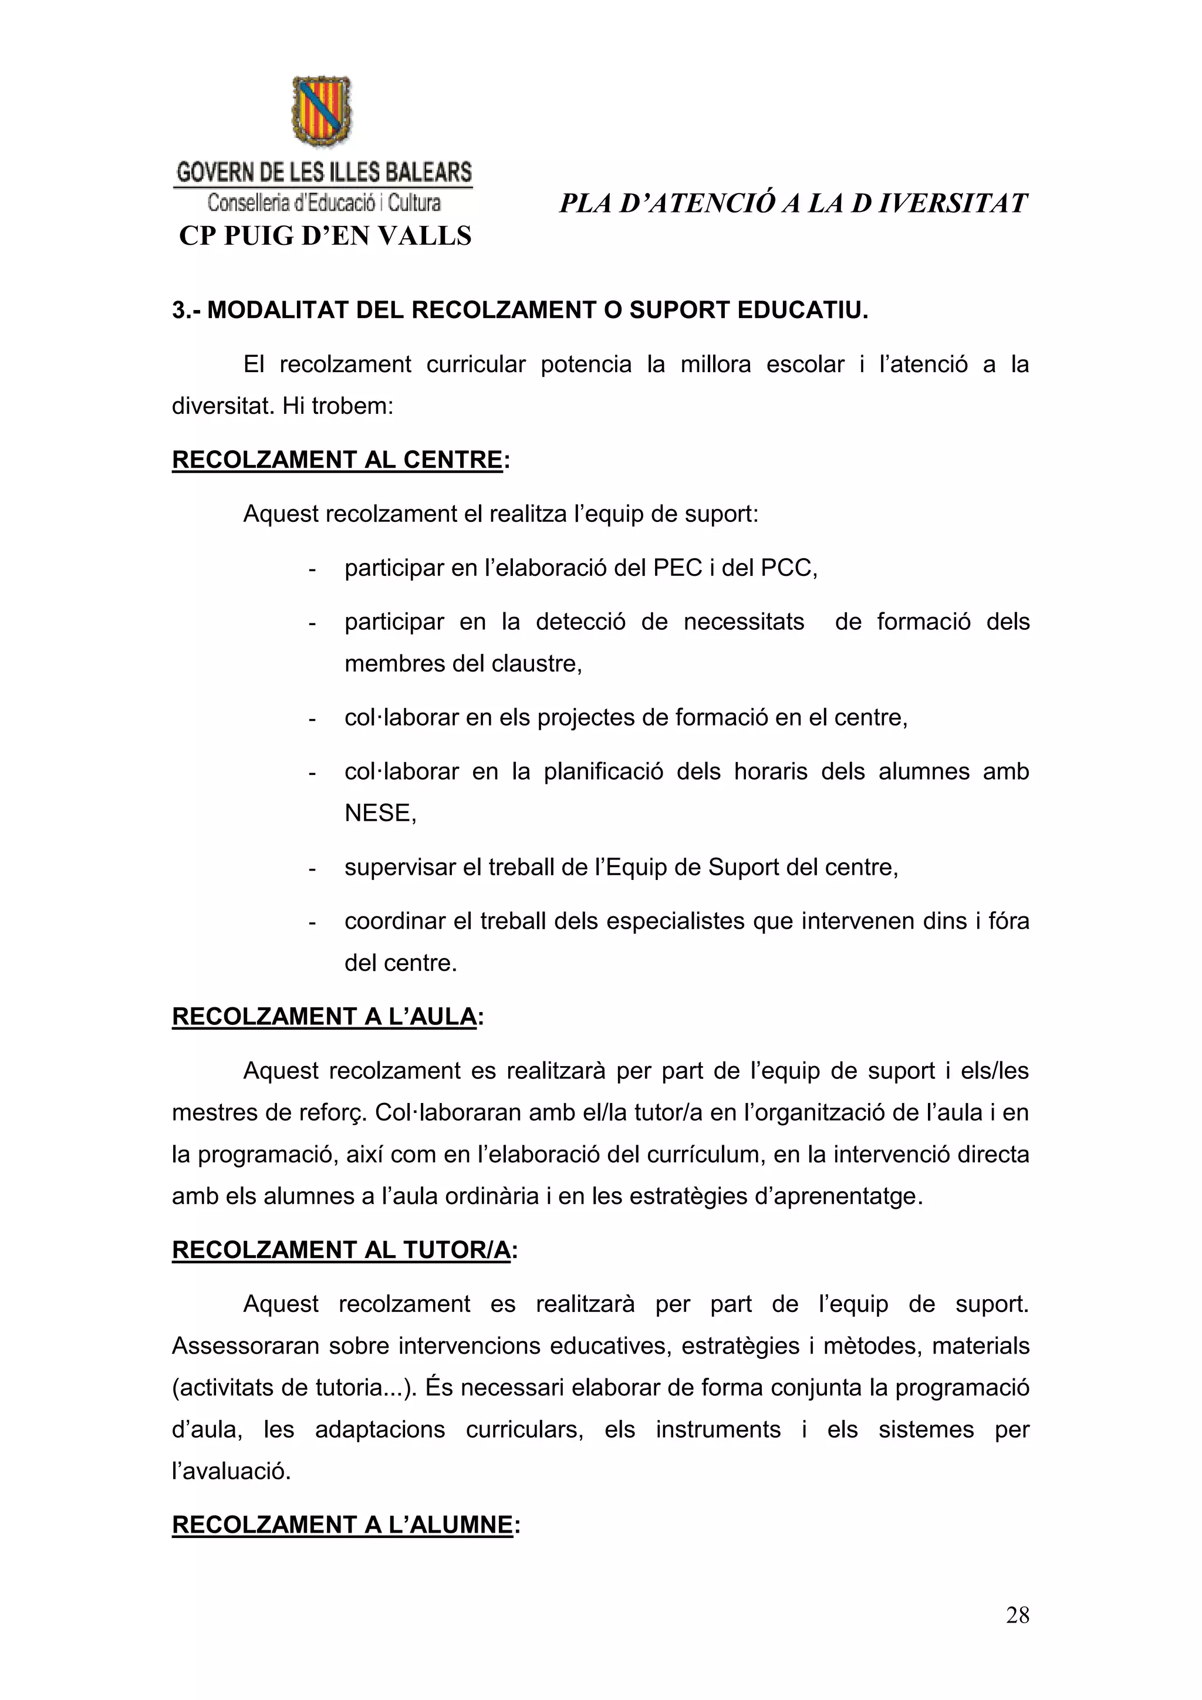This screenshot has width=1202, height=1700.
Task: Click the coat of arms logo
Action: click(x=323, y=111)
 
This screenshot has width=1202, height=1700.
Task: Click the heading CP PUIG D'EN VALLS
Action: click(x=325, y=236)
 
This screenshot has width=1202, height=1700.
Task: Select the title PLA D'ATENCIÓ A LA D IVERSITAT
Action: click(x=794, y=204)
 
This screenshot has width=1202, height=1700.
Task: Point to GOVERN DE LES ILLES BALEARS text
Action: click(x=324, y=173)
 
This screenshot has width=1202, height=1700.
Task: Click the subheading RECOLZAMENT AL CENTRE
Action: click(x=337, y=460)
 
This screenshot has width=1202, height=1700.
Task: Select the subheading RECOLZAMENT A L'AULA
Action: click(x=324, y=1017)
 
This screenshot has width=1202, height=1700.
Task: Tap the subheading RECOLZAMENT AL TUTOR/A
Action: click(x=341, y=1250)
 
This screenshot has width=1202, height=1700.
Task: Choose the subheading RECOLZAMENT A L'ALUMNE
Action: click(x=342, y=1524)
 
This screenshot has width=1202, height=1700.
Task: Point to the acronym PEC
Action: click(x=678, y=568)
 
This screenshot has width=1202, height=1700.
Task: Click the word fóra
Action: click(x=1009, y=921)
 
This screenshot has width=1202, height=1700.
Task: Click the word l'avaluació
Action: click(x=230, y=1470)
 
